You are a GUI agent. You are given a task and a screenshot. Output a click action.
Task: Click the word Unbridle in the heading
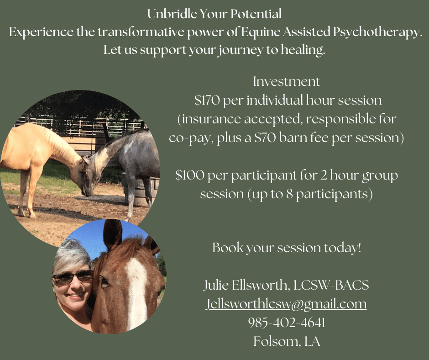pyautogui.click(x=172, y=14)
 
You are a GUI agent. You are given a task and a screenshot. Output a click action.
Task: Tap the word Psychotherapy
pyautogui.click(x=378, y=33)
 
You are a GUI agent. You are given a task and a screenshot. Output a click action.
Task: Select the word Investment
pyautogui.click(x=287, y=82)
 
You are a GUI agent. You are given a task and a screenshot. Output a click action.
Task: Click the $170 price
pyautogui.click(x=207, y=100)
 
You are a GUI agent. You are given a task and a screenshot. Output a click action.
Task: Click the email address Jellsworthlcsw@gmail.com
pyautogui.click(x=286, y=304)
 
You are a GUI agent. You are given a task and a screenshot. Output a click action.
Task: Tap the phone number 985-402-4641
pyautogui.click(x=287, y=323)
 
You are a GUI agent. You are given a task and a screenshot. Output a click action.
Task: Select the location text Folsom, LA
pyautogui.click(x=287, y=341)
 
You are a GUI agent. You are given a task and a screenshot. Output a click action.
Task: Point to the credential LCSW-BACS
pyautogui.click(x=331, y=285)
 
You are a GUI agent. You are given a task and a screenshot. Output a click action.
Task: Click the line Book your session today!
pyautogui.click(x=287, y=248)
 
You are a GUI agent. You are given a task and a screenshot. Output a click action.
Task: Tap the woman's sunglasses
pyautogui.click(x=73, y=277)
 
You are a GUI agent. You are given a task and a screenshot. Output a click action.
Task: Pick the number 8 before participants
pyautogui.click(x=289, y=194)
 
